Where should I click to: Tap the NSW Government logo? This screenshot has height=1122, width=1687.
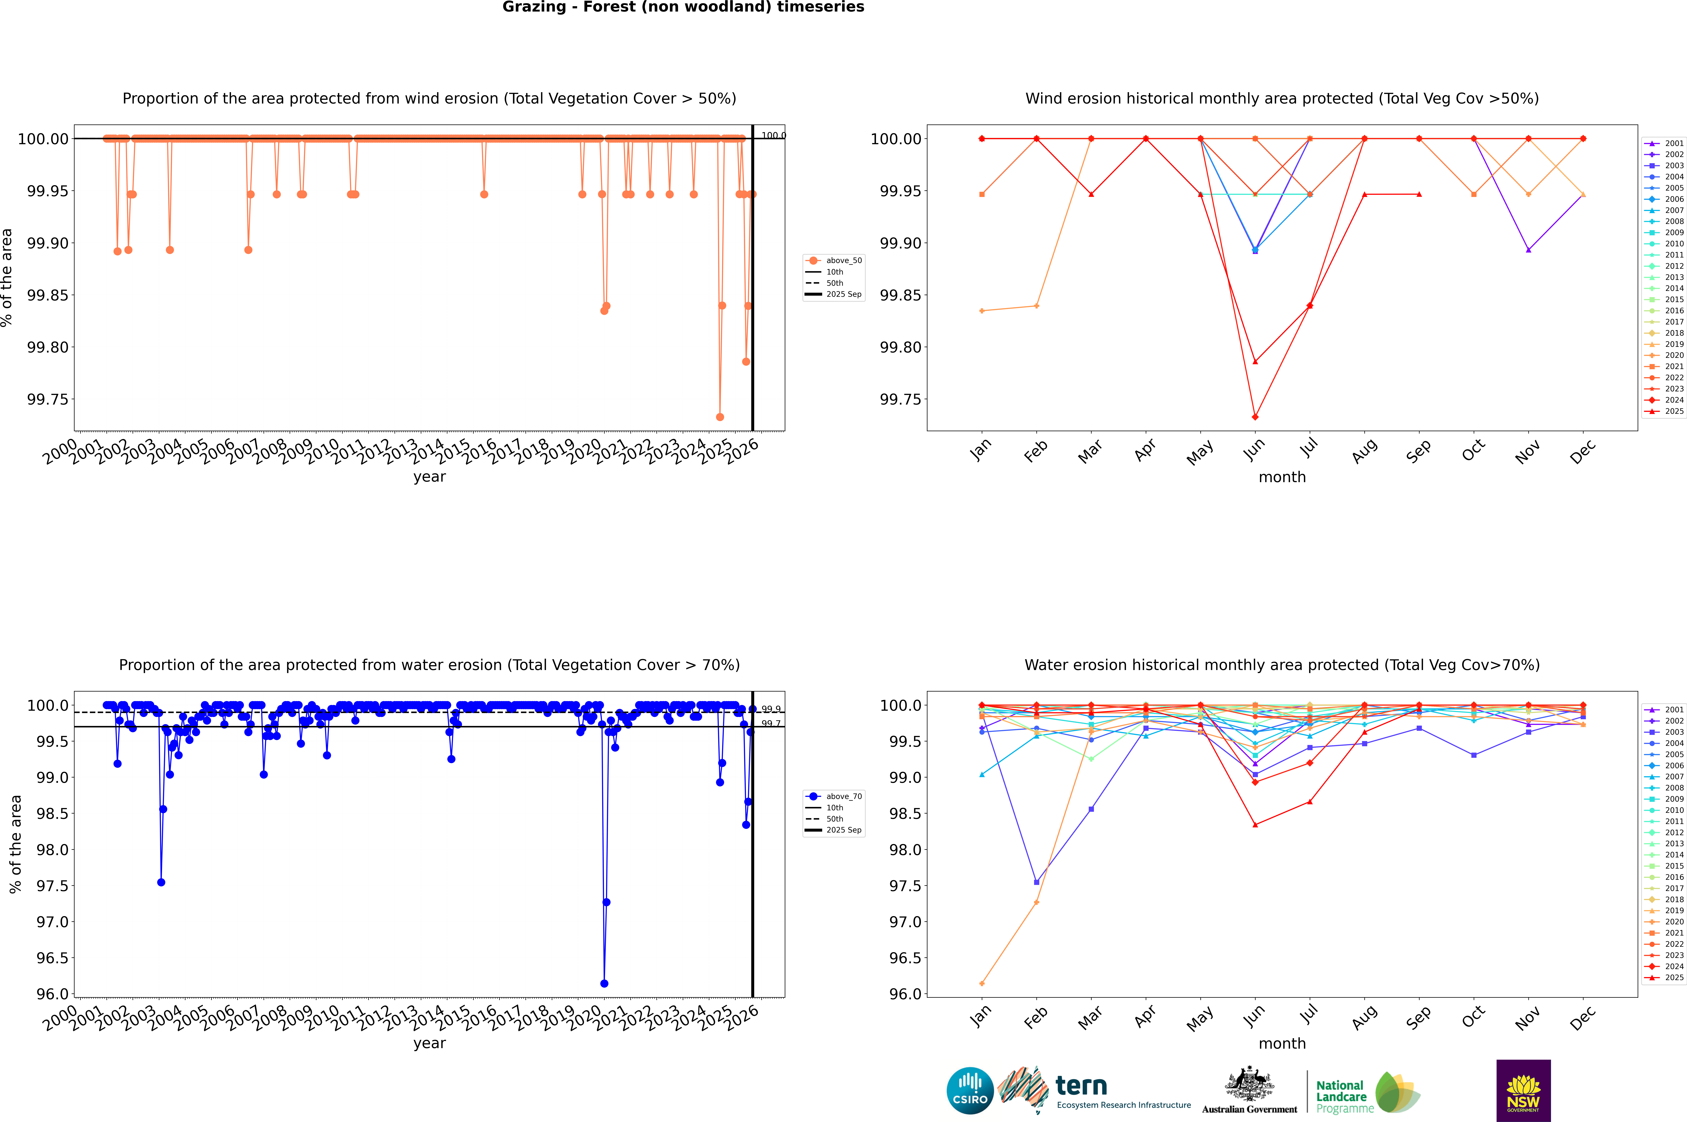point(1523,1091)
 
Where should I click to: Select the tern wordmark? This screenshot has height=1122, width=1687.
point(1081,1086)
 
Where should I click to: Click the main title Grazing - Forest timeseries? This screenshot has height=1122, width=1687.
point(683,7)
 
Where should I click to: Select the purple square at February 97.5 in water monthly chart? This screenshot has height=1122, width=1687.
point(1036,882)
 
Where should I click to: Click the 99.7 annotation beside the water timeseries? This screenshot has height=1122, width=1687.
point(771,723)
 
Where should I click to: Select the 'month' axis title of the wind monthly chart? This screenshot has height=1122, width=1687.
point(1282,477)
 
